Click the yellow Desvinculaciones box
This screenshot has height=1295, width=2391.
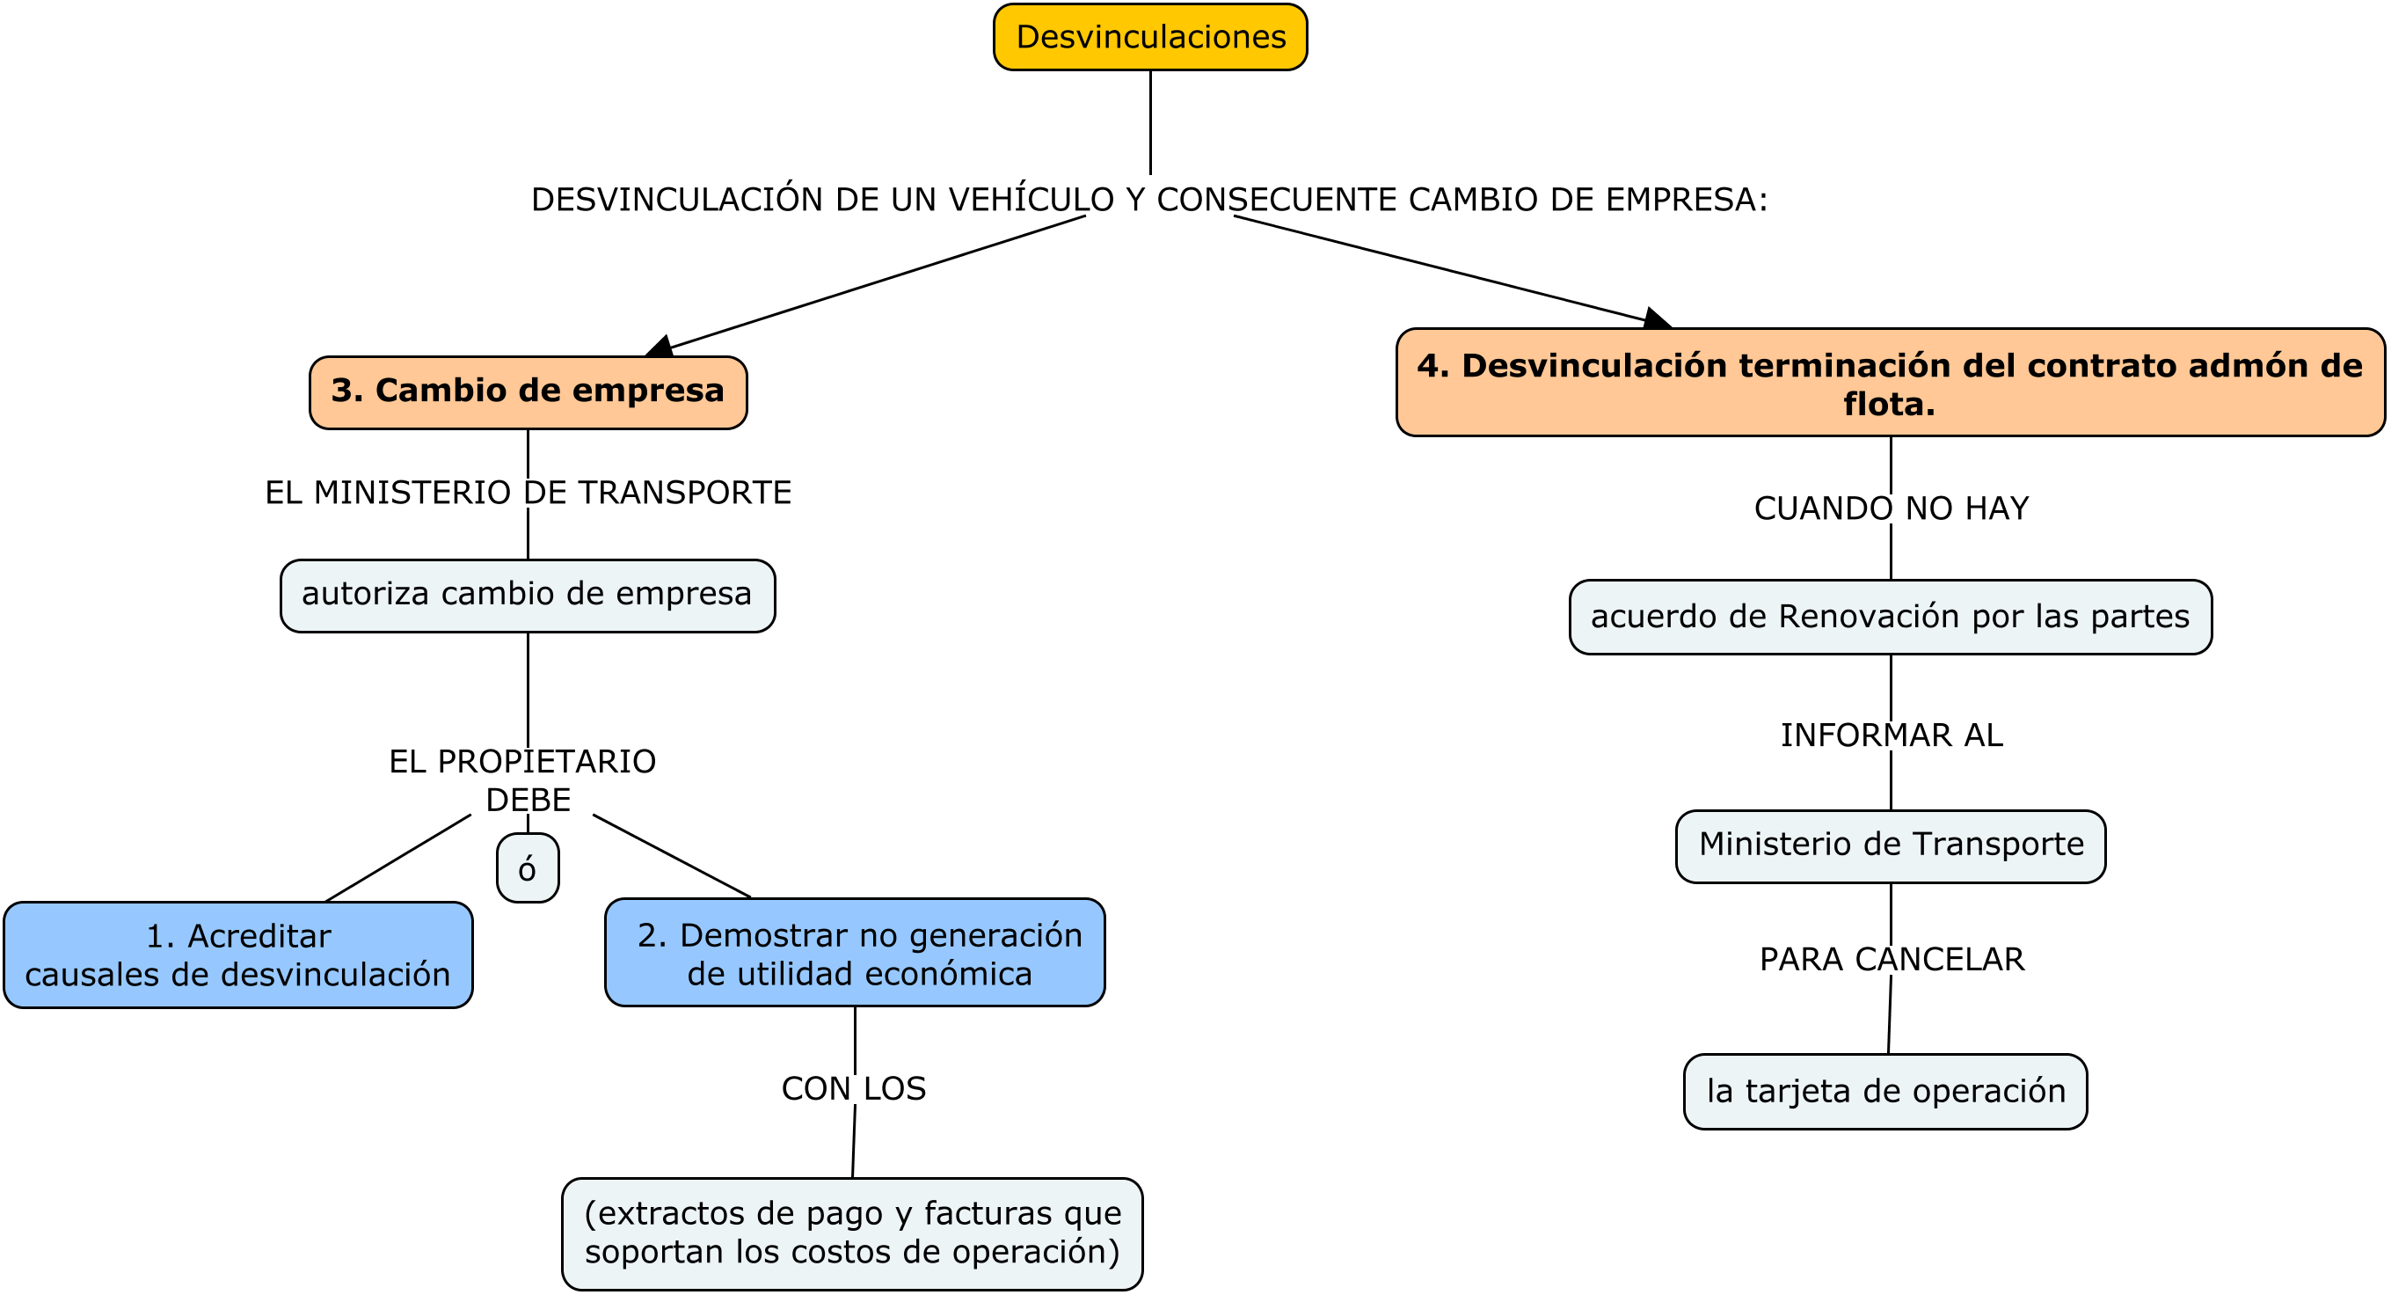click(1150, 37)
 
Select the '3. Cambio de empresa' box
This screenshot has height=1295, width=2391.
click(528, 391)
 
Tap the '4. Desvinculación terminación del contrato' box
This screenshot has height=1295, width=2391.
click(1890, 383)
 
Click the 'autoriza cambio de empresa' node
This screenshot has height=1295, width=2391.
click(528, 595)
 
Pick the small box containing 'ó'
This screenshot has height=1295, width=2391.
click(528, 868)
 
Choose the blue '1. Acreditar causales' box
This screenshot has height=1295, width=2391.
click(238, 955)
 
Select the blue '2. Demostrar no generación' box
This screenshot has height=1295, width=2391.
click(855, 953)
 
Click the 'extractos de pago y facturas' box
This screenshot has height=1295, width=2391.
click(852, 1233)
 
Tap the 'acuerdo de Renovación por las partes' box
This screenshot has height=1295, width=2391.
click(1890, 618)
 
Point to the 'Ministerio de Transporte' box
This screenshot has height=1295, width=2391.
click(1890, 845)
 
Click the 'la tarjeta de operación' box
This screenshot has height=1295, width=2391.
click(1885, 1091)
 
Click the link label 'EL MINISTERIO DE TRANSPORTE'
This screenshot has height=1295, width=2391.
click(528, 492)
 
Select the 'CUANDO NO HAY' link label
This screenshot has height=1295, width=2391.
click(1891, 508)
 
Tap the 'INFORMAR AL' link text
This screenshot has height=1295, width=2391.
click(1891, 735)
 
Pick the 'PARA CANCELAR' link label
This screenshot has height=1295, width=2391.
click(1891, 959)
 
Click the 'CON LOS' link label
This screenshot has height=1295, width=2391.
click(853, 1088)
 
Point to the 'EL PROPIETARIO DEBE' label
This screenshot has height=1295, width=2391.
click(524, 779)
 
